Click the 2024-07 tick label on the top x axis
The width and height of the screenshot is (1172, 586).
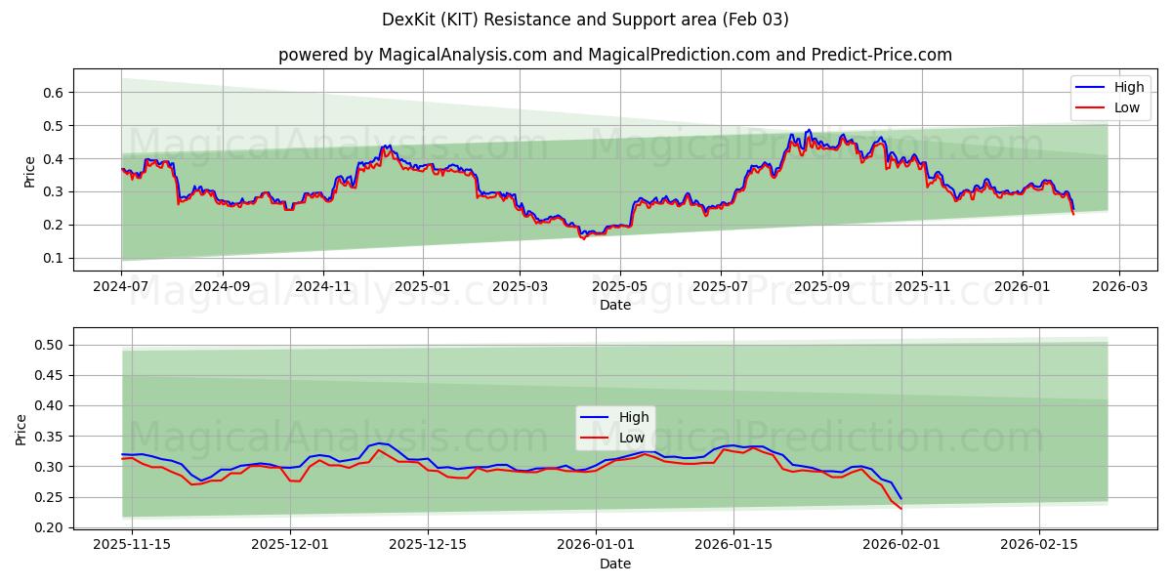pos(121,287)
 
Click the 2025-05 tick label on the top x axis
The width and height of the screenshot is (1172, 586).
pos(620,287)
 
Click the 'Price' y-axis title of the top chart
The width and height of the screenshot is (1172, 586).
pos(29,170)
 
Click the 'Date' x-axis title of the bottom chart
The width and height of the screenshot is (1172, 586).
pos(614,564)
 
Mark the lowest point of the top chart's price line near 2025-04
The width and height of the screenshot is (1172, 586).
pos(584,238)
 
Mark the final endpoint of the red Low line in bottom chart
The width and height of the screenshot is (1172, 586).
pos(900,509)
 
